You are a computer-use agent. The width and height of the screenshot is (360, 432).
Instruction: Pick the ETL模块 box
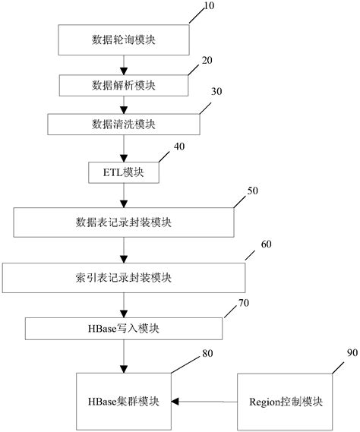click(x=123, y=172)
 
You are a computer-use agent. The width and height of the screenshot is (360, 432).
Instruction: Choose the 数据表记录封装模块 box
click(x=123, y=222)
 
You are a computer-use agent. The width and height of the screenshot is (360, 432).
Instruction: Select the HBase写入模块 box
click(x=123, y=327)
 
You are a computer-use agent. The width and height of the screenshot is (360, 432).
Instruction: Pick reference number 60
click(x=265, y=244)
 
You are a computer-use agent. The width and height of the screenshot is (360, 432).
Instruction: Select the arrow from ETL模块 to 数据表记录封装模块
click(x=123, y=195)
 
